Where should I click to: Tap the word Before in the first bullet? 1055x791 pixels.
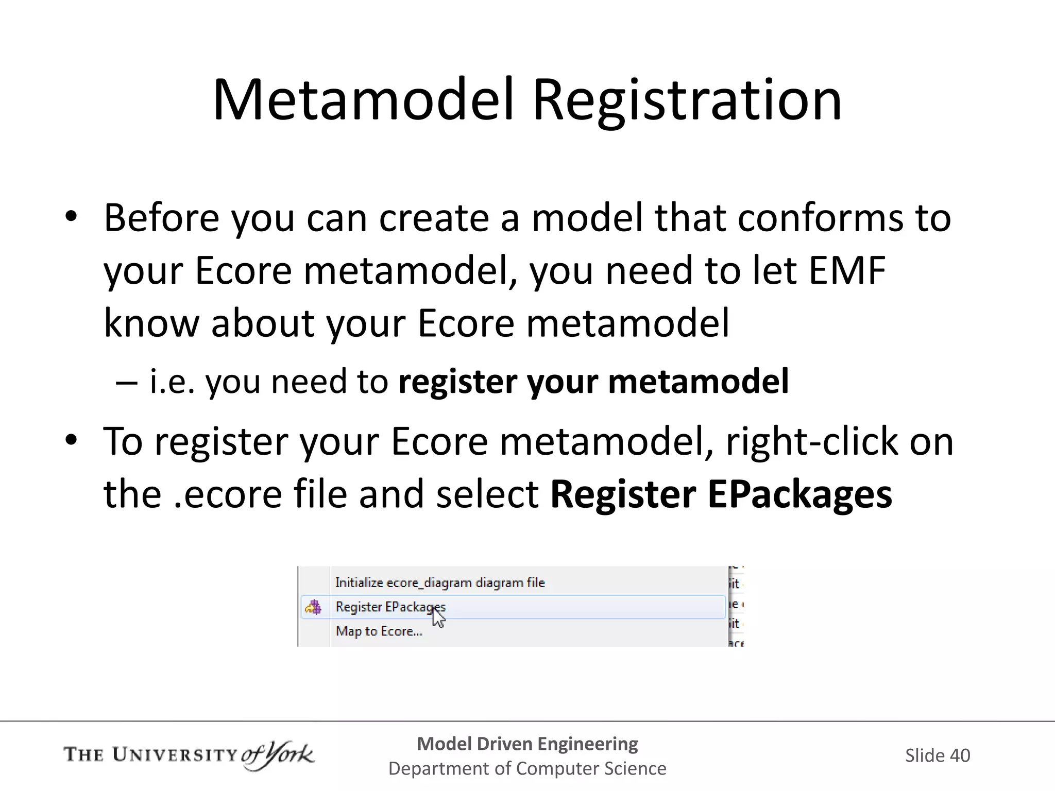(162, 218)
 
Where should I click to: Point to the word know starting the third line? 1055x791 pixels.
(151, 323)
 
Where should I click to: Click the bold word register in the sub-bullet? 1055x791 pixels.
(457, 382)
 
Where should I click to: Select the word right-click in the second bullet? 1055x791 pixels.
(812, 442)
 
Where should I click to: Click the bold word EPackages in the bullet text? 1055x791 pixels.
(799, 494)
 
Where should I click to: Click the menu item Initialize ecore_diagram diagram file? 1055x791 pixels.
(439, 582)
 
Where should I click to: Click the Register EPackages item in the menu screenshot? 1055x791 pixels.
(390, 607)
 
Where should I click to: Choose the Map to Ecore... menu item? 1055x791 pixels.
(379, 631)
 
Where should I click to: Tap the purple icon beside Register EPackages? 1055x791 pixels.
(313, 607)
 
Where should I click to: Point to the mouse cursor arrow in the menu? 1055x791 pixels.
(438, 616)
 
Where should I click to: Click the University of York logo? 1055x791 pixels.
(189, 755)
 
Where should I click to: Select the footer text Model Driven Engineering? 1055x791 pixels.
(527, 744)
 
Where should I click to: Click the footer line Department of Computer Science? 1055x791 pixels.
(527, 768)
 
